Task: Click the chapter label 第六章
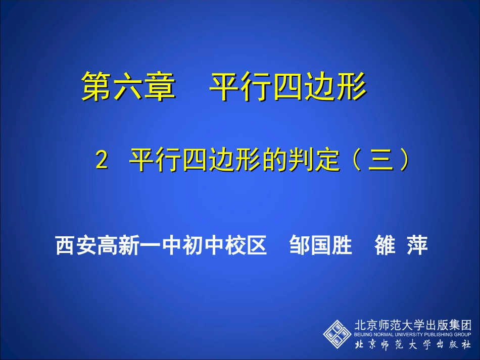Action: click(x=128, y=86)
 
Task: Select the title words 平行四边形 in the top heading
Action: click(x=287, y=86)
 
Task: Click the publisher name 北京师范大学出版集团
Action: click(x=413, y=325)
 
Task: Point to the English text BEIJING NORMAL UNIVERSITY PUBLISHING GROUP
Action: click(x=413, y=334)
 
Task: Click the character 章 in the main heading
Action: click(x=160, y=86)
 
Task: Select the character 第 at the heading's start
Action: click(x=96, y=86)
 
